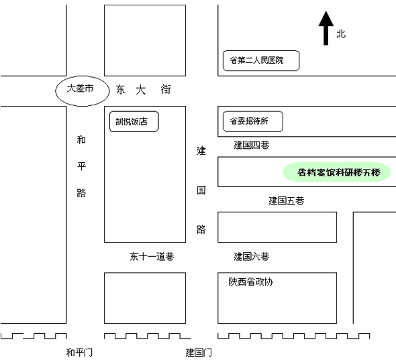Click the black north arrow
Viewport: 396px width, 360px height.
click(x=326, y=28)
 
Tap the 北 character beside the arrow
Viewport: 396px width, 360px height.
click(x=341, y=34)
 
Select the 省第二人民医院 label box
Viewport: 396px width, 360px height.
click(x=261, y=60)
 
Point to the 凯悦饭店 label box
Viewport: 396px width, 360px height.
click(x=134, y=121)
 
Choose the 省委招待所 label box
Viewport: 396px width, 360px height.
click(x=252, y=121)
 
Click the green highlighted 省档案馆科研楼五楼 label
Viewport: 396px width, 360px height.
click(x=337, y=172)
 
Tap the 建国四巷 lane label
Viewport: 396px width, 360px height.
click(x=252, y=145)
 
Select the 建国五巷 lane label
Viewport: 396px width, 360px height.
click(x=287, y=201)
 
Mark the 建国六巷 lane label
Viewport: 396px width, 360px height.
click(x=252, y=257)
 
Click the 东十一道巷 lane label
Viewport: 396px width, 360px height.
click(x=152, y=257)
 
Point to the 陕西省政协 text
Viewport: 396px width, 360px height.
click(x=251, y=282)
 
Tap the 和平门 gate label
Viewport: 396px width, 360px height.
click(x=79, y=352)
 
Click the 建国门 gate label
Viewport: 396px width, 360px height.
click(x=199, y=352)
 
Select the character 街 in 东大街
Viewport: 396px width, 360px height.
click(x=166, y=90)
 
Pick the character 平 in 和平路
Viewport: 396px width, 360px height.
click(x=81, y=166)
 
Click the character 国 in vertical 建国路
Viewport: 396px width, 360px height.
click(x=201, y=190)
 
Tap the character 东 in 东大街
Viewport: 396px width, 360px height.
click(x=120, y=90)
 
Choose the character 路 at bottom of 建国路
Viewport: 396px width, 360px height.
click(x=201, y=229)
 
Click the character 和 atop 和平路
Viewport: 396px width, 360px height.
click(x=81, y=139)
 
